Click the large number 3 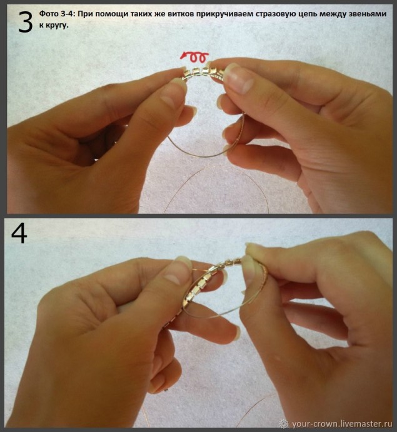(25, 22)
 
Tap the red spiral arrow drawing (194, 56)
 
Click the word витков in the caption (181, 14)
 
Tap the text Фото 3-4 (56, 14)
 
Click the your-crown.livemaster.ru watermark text (342, 423)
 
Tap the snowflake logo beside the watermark (284, 423)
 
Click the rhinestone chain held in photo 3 (204, 72)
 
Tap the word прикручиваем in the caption (224, 14)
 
